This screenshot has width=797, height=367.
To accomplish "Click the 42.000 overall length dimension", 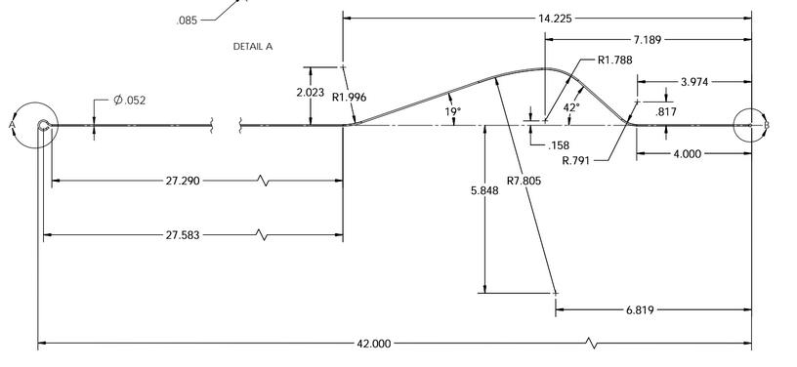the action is (374, 344).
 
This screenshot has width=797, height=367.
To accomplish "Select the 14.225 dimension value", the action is (555, 19).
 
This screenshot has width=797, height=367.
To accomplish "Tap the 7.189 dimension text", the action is (648, 40).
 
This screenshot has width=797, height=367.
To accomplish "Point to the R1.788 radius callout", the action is (615, 60).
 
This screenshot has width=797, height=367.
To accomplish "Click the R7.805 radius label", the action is (524, 181).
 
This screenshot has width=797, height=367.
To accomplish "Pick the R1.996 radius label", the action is (350, 97).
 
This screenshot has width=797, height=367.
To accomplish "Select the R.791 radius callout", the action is (576, 161).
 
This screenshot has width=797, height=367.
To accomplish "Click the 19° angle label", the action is (453, 111).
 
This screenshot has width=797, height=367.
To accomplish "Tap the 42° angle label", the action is (571, 107).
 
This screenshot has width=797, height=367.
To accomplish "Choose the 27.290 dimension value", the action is (183, 181).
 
